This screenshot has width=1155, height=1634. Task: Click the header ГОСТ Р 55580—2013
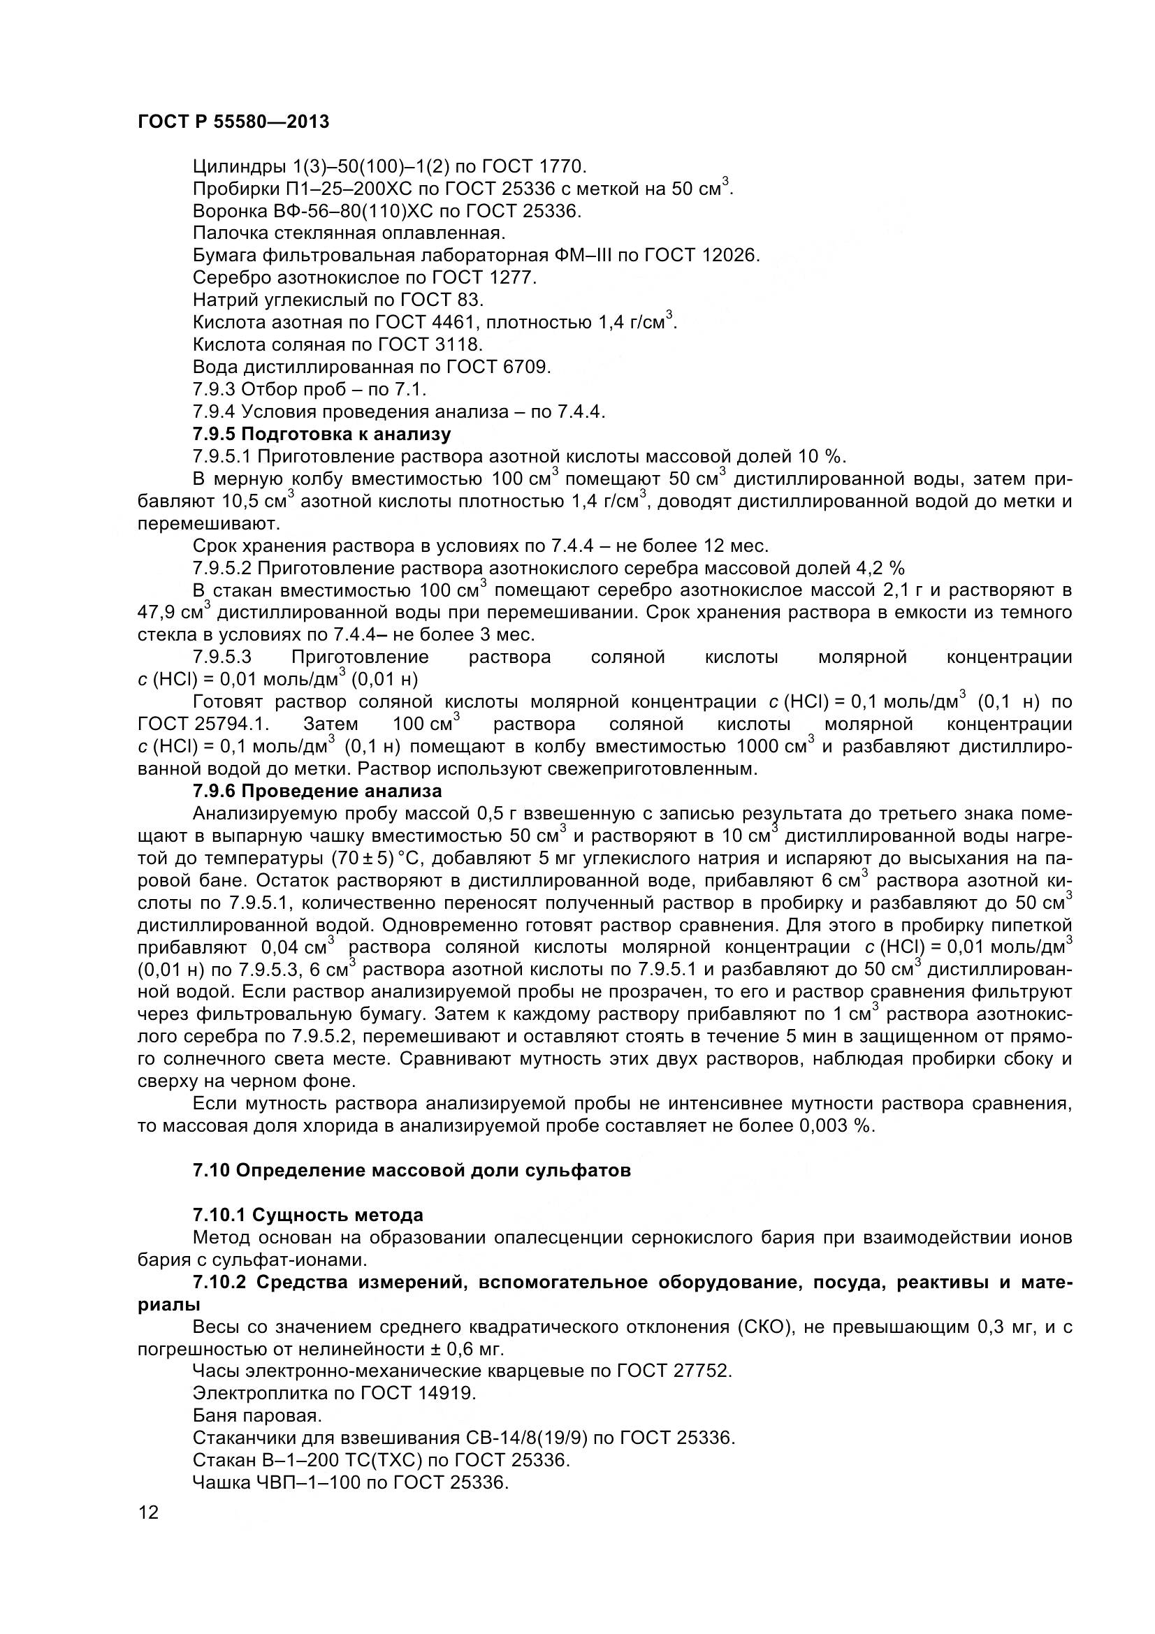[x=233, y=122]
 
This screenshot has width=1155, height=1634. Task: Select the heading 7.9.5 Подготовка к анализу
[x=321, y=434]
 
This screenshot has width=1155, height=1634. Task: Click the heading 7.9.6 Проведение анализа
[x=317, y=792]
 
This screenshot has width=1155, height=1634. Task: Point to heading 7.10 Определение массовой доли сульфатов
[x=412, y=1171]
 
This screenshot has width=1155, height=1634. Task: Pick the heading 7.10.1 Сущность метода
[x=307, y=1216]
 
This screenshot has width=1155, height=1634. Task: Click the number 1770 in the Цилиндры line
[x=562, y=166]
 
